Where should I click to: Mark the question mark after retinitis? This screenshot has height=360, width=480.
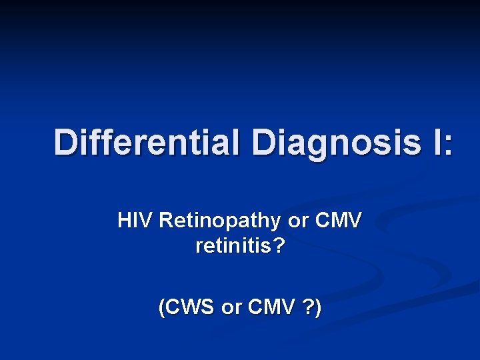[279, 247]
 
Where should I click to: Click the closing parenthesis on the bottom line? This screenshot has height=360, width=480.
[317, 308]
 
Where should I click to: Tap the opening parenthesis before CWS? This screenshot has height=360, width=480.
[162, 308]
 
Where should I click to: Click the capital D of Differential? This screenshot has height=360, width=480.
[65, 142]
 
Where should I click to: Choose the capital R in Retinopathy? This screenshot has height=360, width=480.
[166, 220]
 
